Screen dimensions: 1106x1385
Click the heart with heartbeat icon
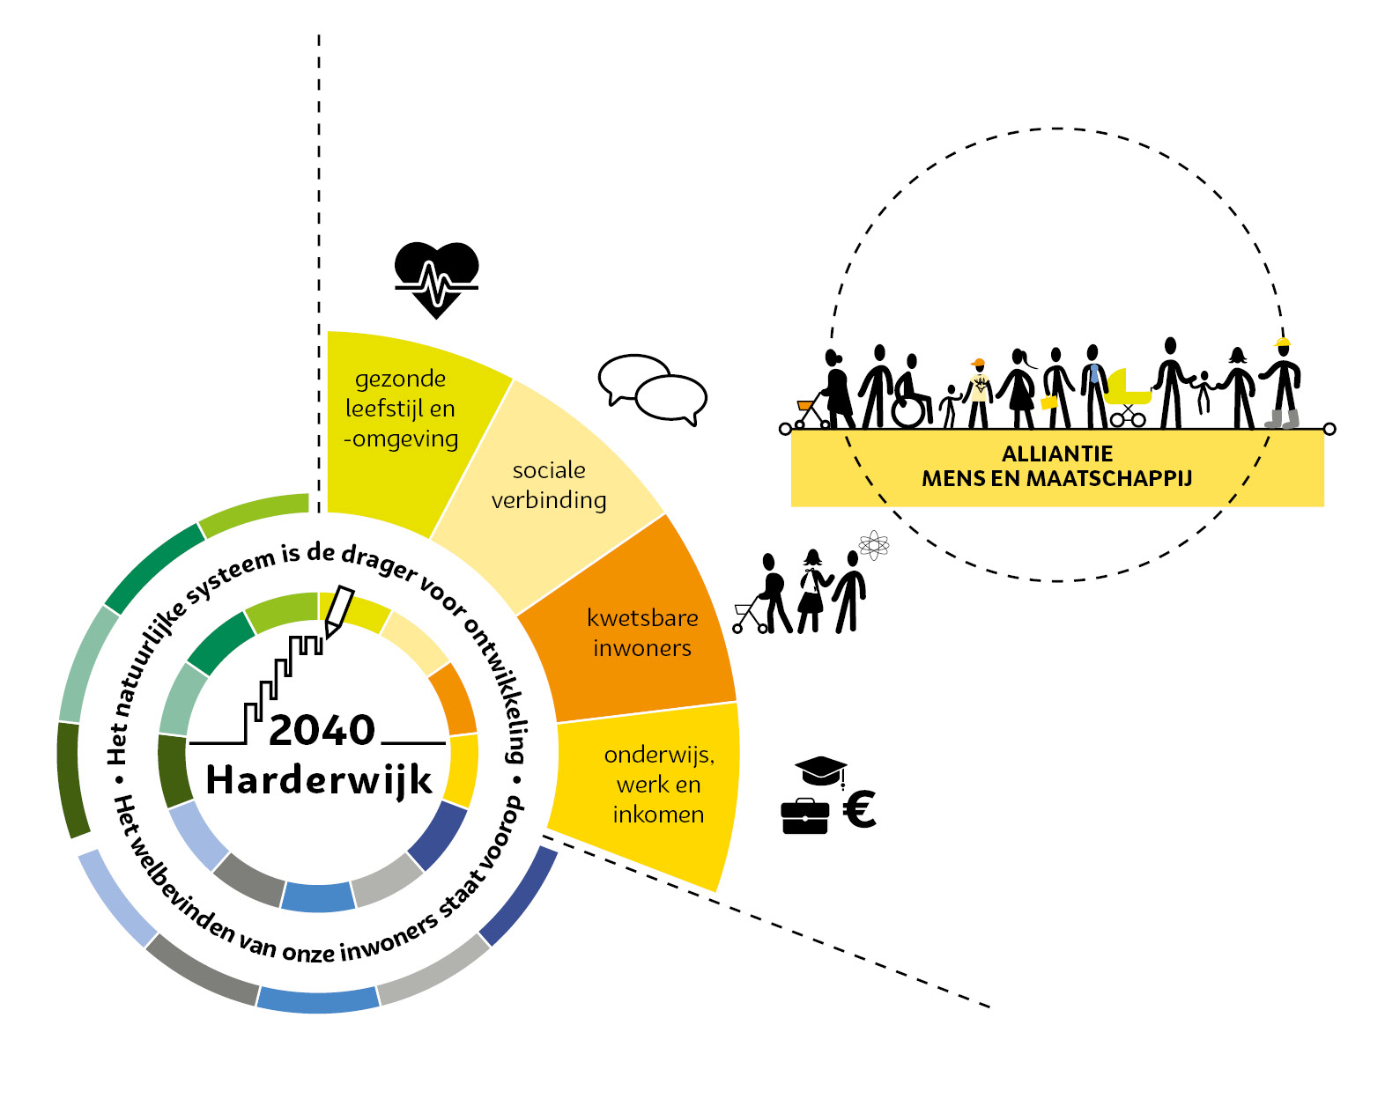click(436, 279)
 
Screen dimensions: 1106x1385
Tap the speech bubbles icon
click(653, 389)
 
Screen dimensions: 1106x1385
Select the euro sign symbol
click(859, 809)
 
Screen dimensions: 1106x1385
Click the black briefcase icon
click(804, 815)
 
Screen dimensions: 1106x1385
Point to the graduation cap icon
click(820, 771)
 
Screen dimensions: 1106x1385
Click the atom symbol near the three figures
click(873, 545)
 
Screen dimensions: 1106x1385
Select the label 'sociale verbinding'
click(548, 485)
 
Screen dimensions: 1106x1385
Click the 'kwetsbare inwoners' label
click(642, 632)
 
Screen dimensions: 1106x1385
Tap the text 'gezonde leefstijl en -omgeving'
click(401, 409)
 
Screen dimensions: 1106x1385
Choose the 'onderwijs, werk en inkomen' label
click(658, 784)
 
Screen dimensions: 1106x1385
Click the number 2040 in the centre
click(322, 730)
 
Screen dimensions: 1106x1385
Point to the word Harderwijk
click(319, 780)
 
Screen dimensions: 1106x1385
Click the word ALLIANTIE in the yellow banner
click(1056, 453)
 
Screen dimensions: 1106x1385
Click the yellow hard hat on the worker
click(1283, 343)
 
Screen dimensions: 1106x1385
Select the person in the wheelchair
click(910, 394)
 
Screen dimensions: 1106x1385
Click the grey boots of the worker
click(1283, 418)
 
